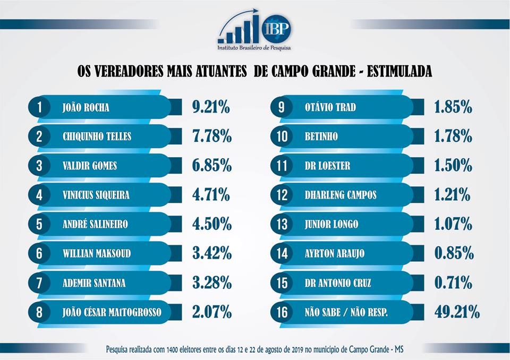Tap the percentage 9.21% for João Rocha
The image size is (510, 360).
(x=211, y=107)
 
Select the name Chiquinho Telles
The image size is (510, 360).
(x=97, y=136)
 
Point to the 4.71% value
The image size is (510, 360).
(x=211, y=195)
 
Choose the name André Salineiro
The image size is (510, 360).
(x=95, y=224)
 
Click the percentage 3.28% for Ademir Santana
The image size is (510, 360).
(x=211, y=282)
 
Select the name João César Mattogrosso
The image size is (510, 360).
(x=112, y=312)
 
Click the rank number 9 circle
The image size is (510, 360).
(x=282, y=107)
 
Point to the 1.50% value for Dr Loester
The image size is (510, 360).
(x=453, y=166)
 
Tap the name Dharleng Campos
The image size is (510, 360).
(x=341, y=195)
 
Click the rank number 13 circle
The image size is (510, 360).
(x=282, y=224)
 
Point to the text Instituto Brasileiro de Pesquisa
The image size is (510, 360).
(x=254, y=47)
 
